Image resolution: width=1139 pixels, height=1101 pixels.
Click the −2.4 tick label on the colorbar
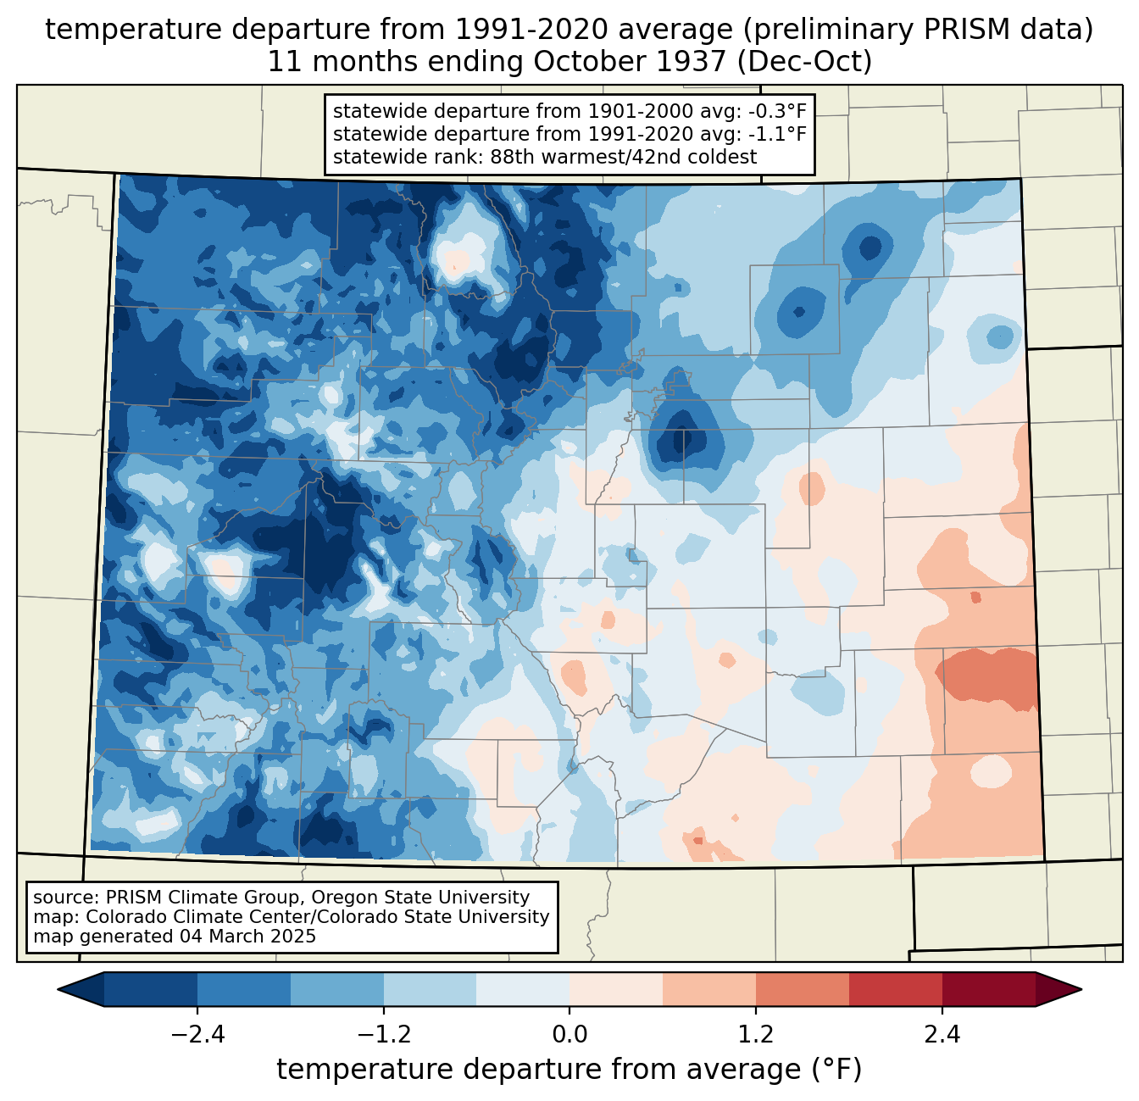[x=197, y=1034]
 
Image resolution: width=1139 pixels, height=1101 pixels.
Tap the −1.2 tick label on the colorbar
[x=384, y=1034]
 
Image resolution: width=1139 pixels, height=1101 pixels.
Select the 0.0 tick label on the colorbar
[x=569, y=1034]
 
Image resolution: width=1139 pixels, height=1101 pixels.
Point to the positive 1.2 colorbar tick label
[x=756, y=1034]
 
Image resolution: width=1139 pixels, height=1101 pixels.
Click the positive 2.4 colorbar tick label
[x=942, y=1034]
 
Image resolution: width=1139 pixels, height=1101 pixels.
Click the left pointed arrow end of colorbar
[x=58, y=990]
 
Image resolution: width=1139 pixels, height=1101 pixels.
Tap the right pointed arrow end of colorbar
[x=1081, y=990]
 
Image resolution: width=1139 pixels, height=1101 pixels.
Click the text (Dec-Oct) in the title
[x=804, y=62]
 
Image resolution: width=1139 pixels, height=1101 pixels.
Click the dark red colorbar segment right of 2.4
[x=989, y=990]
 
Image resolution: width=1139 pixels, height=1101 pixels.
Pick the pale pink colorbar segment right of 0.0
[x=616, y=990]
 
